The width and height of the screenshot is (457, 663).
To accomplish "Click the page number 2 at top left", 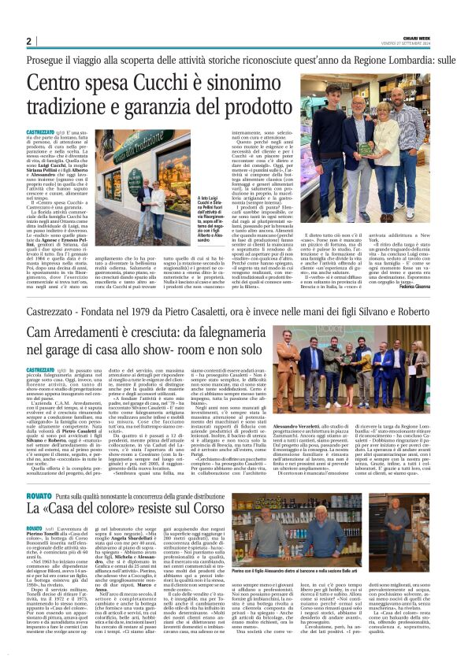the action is click(x=28, y=42).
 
